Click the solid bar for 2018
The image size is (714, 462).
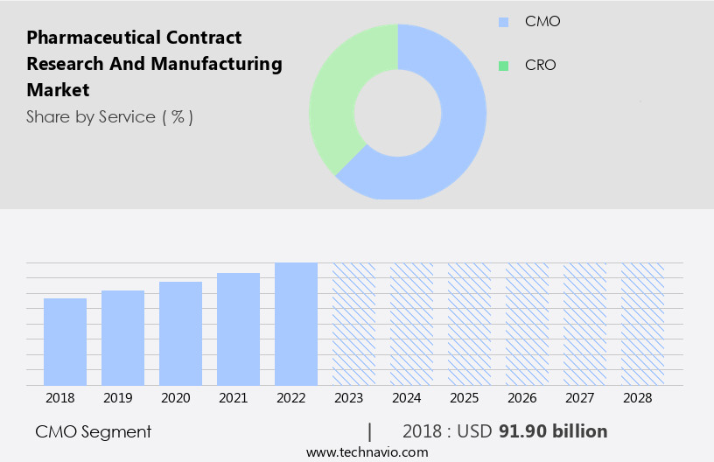65,342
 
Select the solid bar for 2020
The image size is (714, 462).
180,333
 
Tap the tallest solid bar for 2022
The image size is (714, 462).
296,324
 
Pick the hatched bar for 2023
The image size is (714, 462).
353,324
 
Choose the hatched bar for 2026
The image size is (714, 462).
527,324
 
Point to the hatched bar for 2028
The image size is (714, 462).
642,324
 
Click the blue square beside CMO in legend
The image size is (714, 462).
503,22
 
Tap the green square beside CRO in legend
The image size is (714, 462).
503,66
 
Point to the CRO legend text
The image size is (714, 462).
540,66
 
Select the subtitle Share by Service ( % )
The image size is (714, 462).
109,116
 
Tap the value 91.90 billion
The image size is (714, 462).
553,431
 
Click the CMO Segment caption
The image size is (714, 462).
94,431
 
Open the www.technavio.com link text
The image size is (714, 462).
367,452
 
